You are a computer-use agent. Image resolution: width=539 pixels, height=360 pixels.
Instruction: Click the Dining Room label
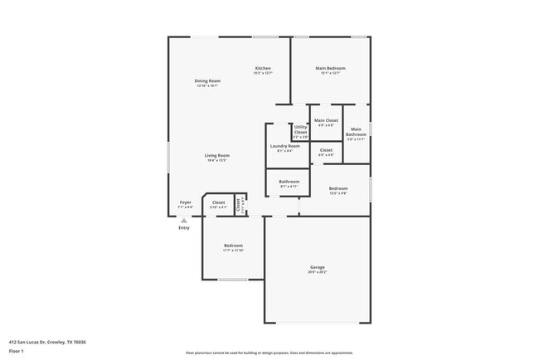pyautogui.click(x=207, y=80)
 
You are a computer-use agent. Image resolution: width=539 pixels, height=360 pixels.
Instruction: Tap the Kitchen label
pyautogui.click(x=263, y=68)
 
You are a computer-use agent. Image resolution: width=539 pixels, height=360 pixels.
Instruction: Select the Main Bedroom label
pyautogui.click(x=330, y=68)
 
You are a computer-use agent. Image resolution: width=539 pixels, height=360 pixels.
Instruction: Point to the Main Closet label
pyautogui.click(x=326, y=121)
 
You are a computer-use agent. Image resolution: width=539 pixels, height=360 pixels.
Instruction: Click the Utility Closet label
pyautogui.click(x=300, y=130)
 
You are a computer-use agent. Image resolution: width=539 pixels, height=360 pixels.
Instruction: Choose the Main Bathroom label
pyautogui.click(x=356, y=132)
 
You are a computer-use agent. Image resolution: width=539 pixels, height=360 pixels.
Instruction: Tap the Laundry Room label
pyautogui.click(x=284, y=146)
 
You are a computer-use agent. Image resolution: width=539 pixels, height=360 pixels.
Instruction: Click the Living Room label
pyautogui.click(x=217, y=156)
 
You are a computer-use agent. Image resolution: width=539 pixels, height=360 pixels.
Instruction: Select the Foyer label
pyautogui.click(x=186, y=202)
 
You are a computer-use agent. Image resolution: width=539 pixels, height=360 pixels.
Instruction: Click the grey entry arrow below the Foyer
pyautogui.click(x=184, y=221)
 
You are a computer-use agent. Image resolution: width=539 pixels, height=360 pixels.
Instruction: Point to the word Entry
pyautogui.click(x=184, y=228)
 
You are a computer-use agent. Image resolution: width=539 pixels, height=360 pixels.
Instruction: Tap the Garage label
pyautogui.click(x=318, y=267)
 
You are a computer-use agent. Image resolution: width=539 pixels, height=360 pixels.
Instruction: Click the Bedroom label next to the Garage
pyautogui.click(x=233, y=246)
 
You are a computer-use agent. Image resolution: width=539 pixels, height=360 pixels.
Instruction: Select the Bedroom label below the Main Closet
pyautogui.click(x=338, y=189)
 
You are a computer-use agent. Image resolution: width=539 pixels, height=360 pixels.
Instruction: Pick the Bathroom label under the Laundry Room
pyautogui.click(x=289, y=182)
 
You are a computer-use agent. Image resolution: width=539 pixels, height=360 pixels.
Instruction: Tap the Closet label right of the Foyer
pyautogui.click(x=218, y=202)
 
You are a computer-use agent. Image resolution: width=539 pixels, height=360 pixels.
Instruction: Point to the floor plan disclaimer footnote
pyautogui.click(x=269, y=352)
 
